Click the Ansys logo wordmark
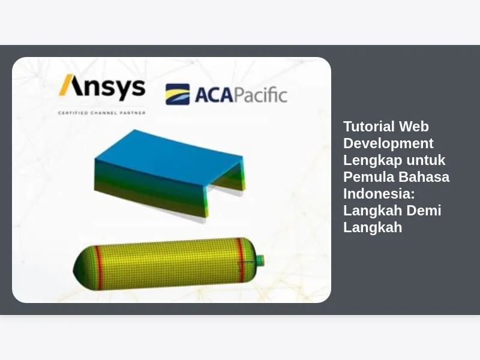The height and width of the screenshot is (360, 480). point(102,87)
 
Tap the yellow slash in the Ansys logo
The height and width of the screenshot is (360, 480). point(66,85)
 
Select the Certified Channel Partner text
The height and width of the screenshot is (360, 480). point(102,113)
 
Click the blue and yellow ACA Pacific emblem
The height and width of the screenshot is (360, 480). point(178,94)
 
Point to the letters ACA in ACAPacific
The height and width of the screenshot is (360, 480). point(214,95)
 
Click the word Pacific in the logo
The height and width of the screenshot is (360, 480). point(260,95)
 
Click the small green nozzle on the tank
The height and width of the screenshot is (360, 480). point(260,260)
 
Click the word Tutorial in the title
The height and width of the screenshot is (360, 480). point(369,127)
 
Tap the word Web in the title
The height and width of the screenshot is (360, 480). point(413,127)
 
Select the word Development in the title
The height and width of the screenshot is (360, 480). point(388,143)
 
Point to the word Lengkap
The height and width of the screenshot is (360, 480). point(373,160)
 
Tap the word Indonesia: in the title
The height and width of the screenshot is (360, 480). point(379,194)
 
